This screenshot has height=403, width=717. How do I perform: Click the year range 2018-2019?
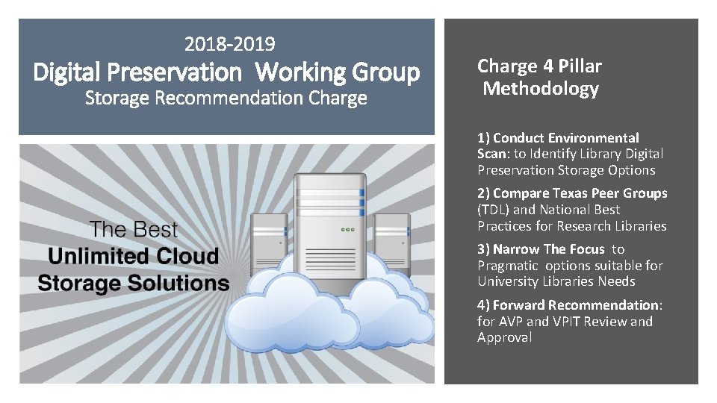point(230,46)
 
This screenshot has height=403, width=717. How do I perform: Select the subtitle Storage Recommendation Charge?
point(226,98)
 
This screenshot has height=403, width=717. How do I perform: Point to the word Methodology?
point(541,90)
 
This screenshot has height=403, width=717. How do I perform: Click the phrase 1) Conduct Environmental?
point(559,138)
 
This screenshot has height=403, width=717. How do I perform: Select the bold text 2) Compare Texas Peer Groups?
point(572,193)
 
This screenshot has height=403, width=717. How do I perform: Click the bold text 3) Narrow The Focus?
point(541,249)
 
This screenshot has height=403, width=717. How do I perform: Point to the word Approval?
point(505,337)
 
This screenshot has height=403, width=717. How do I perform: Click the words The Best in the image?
point(134,230)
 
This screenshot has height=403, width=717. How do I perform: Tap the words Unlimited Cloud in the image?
point(133,256)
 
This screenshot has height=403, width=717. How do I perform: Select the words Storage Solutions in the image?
point(133,283)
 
